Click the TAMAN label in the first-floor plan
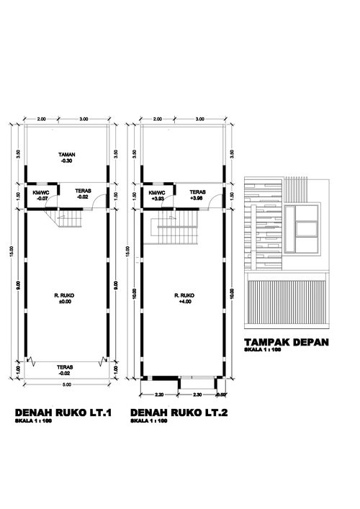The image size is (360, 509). pos(68,155)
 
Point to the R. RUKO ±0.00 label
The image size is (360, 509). pos(68,299)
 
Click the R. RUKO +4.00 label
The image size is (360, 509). pos(185,299)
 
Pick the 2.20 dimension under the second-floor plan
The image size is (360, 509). pos(159,395)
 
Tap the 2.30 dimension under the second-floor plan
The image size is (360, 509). pos(197,395)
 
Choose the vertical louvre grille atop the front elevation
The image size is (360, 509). pos(298,189)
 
